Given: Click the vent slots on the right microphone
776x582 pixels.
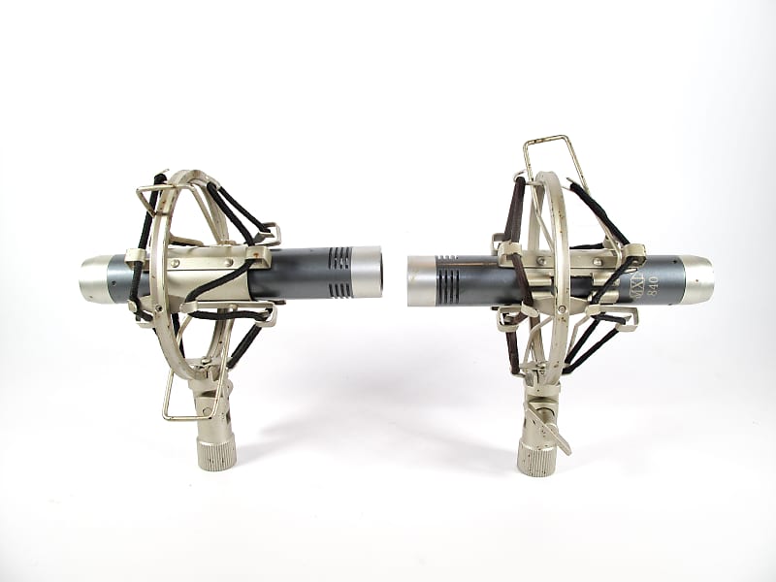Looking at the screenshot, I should [x=448, y=278].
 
